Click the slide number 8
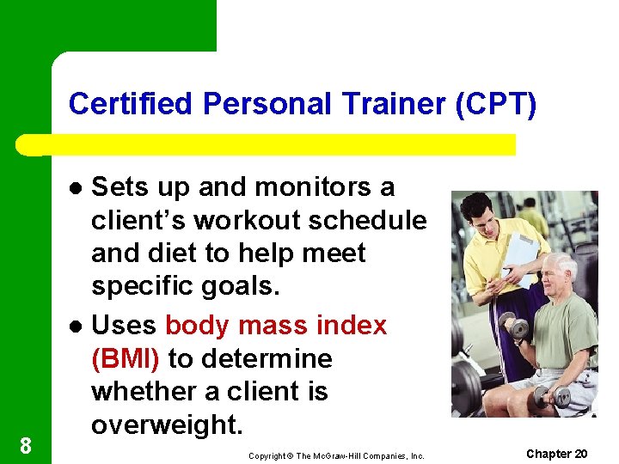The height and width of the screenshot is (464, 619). [26, 445]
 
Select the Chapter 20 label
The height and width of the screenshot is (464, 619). [556, 453]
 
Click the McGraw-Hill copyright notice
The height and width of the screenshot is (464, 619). [336, 455]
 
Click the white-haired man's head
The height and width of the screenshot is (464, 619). [561, 272]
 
